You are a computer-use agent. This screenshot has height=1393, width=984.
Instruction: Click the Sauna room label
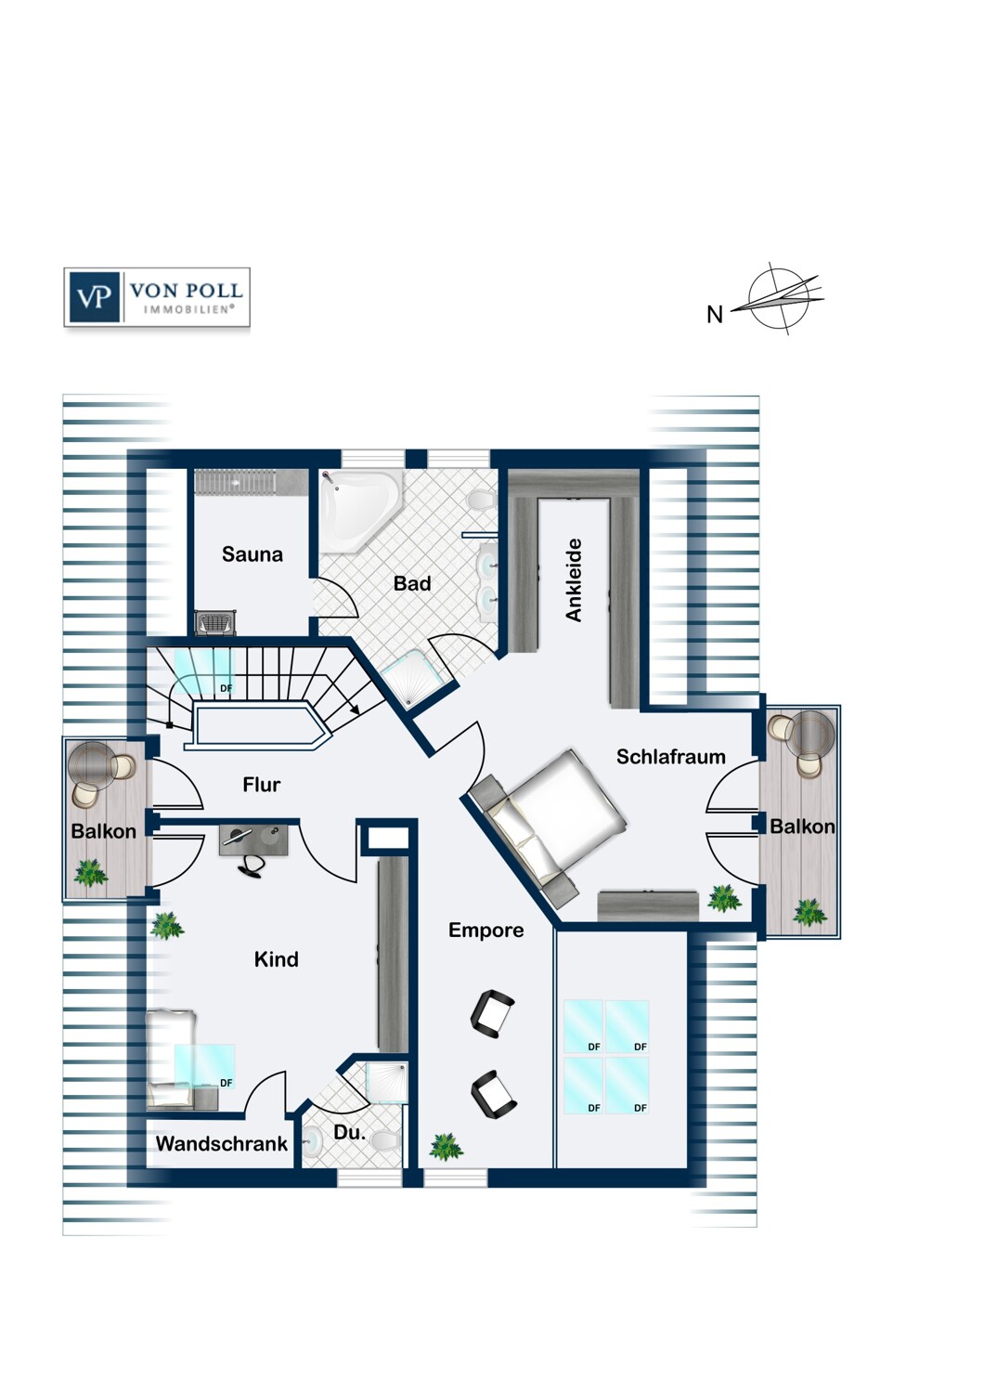point(252,554)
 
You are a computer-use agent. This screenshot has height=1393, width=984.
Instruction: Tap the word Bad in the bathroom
point(411,583)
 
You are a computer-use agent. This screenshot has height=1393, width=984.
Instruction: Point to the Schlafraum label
point(671,756)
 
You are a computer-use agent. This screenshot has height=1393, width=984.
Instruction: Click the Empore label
point(486,930)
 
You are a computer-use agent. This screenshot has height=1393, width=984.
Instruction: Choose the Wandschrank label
point(221,1143)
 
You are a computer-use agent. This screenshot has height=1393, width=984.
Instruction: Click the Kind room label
point(276,959)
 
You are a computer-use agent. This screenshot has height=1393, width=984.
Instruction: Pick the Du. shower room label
point(349,1132)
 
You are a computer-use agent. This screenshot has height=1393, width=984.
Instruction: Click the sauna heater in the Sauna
point(215,622)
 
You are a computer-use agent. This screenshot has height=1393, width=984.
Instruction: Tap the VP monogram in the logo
point(94,296)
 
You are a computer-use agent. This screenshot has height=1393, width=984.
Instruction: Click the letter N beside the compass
point(714,315)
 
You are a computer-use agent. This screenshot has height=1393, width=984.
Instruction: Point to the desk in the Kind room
point(253,840)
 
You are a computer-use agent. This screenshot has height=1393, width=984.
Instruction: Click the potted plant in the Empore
point(447,1146)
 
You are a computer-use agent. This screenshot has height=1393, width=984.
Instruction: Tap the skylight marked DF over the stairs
point(204,671)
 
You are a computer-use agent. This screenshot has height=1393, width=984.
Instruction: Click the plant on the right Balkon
point(809,912)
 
